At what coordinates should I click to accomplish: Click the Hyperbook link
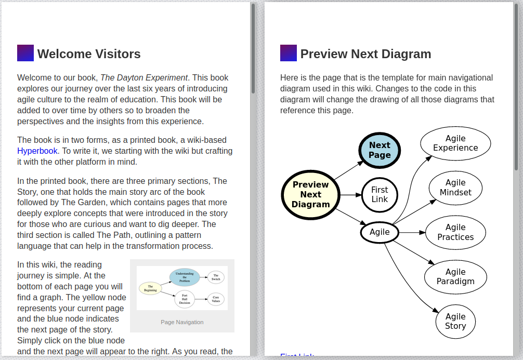(37, 151)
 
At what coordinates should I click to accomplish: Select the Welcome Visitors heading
(89, 54)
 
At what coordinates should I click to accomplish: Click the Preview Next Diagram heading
(365, 54)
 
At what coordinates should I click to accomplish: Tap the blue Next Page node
(380, 150)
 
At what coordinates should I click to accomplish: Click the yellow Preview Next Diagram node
(310, 195)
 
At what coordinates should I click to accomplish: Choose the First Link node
(380, 195)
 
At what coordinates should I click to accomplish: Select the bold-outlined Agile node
(380, 232)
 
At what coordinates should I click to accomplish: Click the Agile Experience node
(455, 143)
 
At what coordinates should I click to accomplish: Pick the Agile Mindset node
(455, 188)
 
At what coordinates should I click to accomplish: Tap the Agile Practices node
(455, 232)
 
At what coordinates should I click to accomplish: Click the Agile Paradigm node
(455, 277)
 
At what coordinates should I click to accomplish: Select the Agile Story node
(455, 321)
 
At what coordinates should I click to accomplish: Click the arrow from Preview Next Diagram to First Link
(350, 195)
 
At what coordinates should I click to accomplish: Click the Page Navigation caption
(182, 322)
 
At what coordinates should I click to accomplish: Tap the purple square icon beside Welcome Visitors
(25, 53)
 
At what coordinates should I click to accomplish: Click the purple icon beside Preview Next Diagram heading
(289, 53)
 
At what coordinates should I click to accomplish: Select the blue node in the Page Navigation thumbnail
(185, 277)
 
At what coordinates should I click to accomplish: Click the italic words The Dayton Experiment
(144, 78)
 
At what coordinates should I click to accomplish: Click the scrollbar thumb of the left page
(253, 49)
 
